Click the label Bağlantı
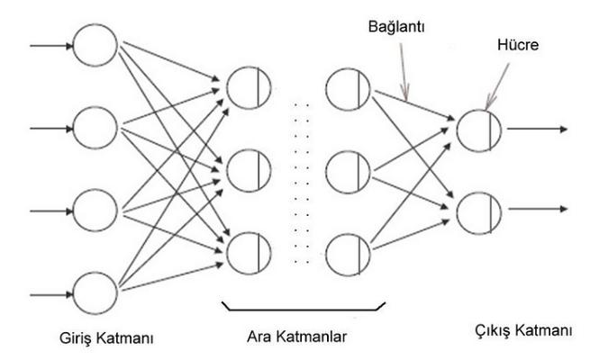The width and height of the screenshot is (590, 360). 396,27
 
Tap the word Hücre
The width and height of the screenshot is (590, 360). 518,45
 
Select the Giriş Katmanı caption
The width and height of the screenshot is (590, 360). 106,338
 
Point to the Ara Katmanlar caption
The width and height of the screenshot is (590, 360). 296,337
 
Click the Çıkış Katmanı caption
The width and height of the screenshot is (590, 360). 523,331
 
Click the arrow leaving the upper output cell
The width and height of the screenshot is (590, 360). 537,129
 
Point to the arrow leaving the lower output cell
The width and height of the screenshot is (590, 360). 538,209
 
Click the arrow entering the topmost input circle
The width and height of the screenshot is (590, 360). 51,46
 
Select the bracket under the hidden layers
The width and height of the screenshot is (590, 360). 304,310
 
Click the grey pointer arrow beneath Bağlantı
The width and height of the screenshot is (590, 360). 404,71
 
